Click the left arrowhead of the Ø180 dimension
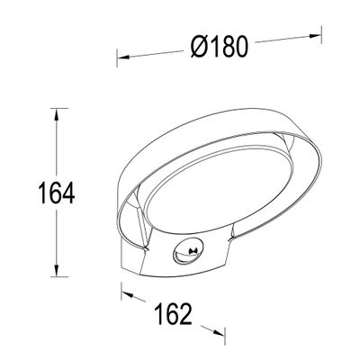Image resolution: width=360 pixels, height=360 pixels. (121, 58)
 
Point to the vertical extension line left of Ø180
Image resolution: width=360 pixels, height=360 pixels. (116, 72)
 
